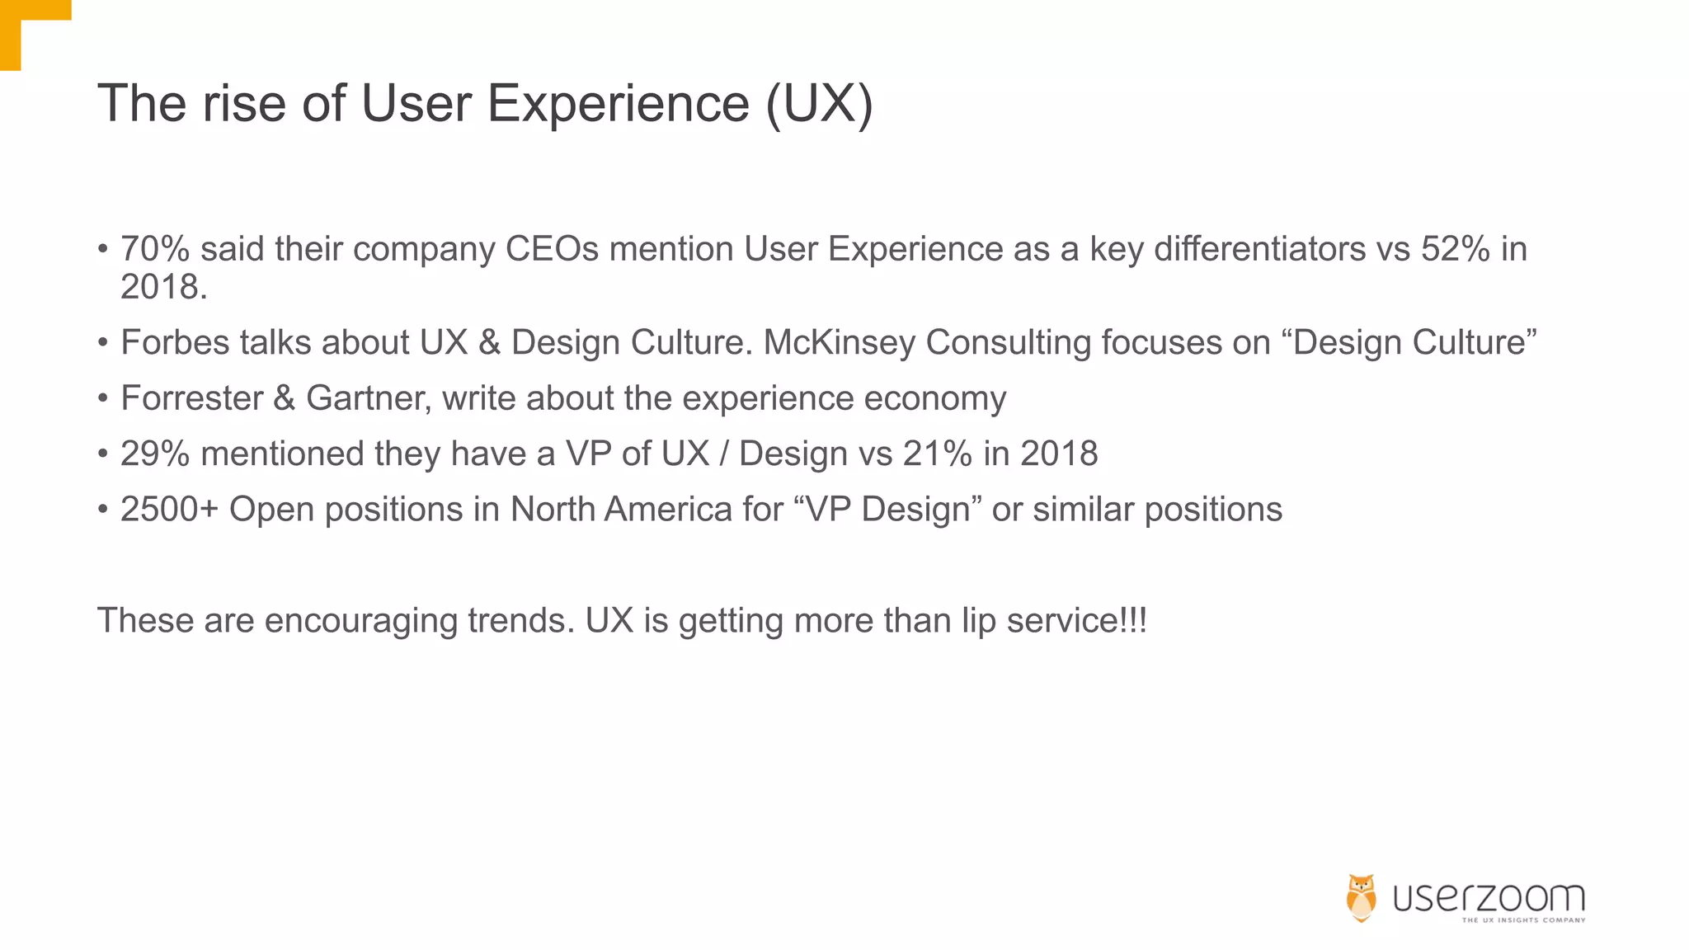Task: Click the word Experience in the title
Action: click(618, 104)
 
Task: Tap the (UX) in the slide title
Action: click(819, 104)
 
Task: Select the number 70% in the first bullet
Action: click(155, 249)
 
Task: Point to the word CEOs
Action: click(552, 249)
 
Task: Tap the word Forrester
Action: click(192, 398)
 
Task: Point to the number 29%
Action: click(155, 454)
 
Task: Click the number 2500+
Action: click(169, 510)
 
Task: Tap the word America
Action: click(667, 510)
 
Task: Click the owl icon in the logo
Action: click(1361, 897)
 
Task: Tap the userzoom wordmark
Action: click(1489, 897)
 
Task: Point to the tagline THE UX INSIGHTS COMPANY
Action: click(1523, 920)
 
